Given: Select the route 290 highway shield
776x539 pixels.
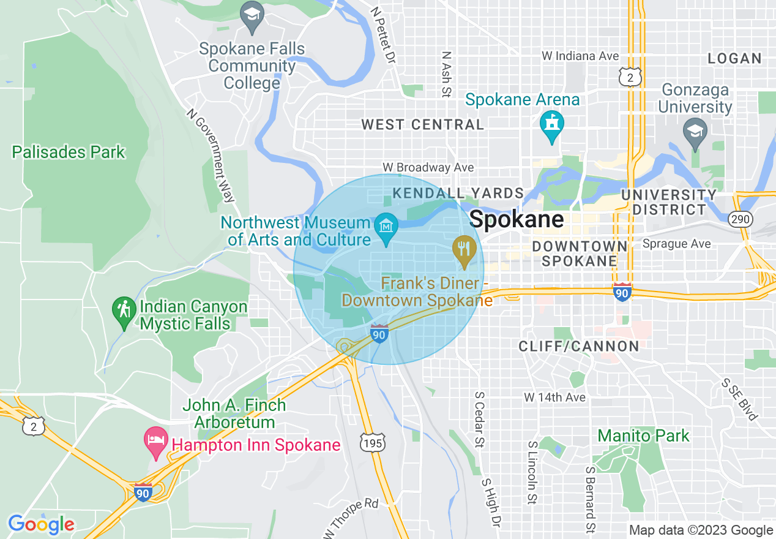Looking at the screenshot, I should tap(741, 219).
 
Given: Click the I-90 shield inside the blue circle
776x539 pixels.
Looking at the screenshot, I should tap(379, 334).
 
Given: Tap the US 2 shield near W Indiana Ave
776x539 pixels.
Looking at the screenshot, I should tap(630, 77).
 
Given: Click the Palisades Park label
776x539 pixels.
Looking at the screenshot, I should tap(69, 152).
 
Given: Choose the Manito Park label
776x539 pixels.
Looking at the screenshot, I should tap(643, 435).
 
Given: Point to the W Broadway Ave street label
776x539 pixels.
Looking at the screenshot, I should tap(428, 167).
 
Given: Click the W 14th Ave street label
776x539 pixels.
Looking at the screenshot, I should tap(554, 398).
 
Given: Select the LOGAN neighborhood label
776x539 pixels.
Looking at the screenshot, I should tap(734, 59).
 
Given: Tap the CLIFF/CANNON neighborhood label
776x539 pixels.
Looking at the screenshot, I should tap(578, 346).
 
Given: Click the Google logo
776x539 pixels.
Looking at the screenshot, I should tap(41, 524).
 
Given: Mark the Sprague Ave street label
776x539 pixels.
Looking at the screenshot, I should tap(676, 244).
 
